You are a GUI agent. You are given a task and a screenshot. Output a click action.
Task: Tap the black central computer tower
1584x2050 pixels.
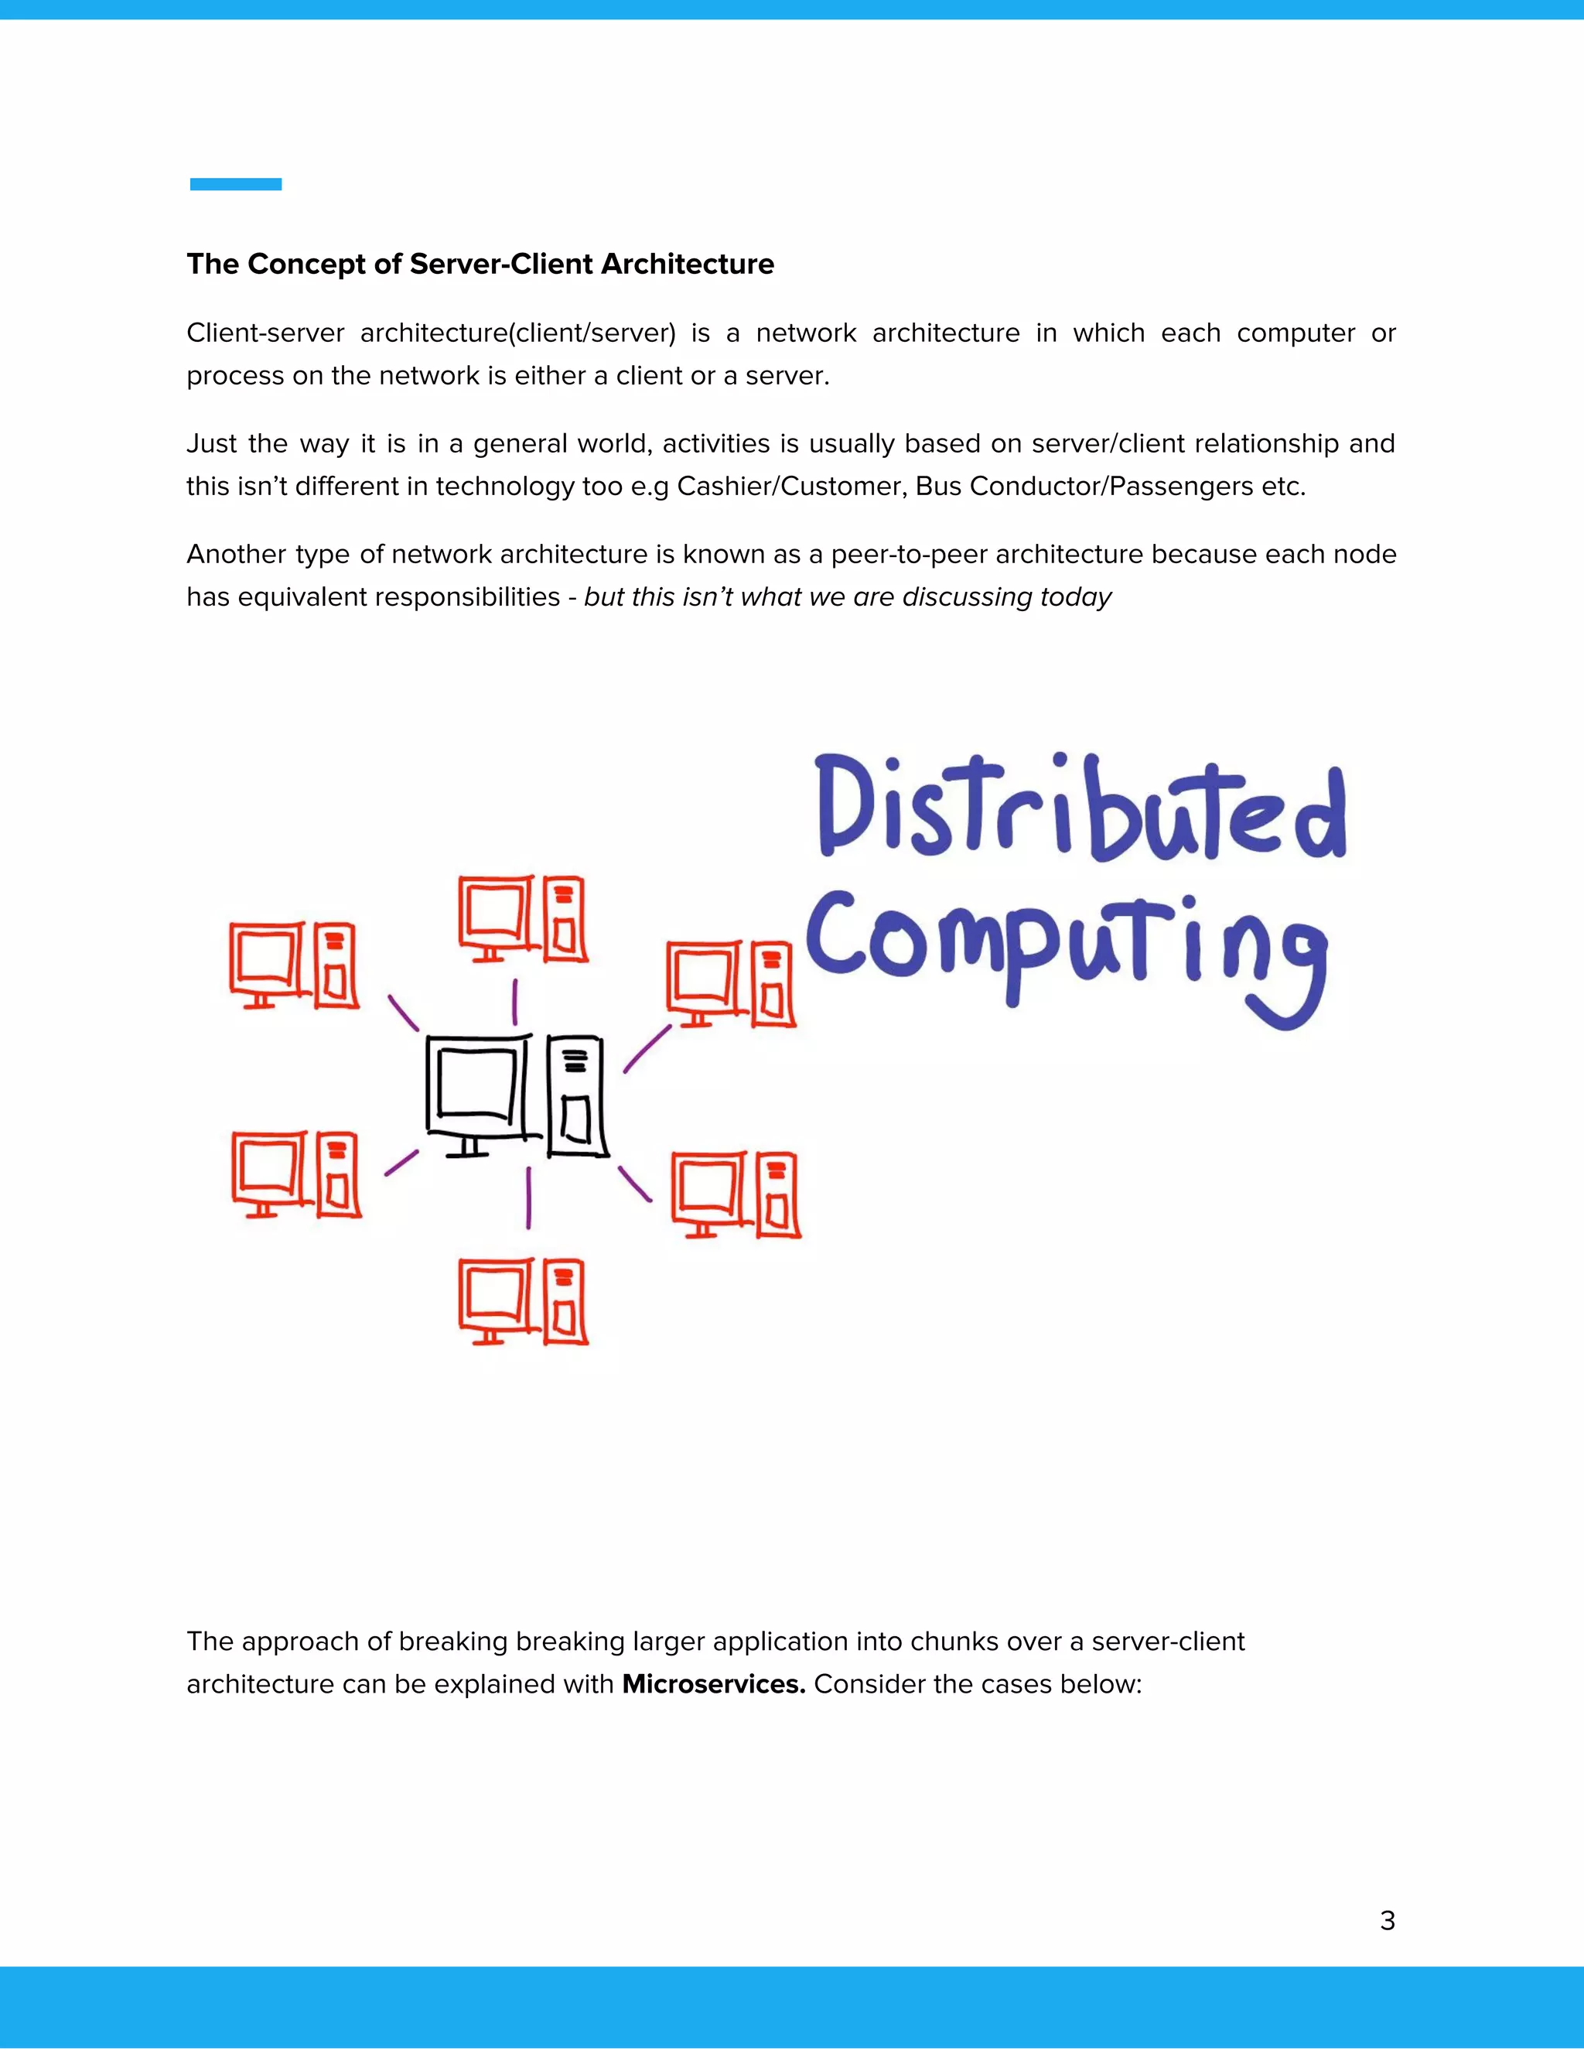[576, 1096]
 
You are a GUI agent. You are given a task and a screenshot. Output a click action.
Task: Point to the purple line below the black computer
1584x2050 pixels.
[528, 1197]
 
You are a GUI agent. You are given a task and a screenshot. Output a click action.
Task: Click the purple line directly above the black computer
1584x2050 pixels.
[514, 1002]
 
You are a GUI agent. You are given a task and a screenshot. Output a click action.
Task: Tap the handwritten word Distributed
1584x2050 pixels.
[1079, 809]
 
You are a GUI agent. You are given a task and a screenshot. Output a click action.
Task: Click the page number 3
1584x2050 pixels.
[1387, 1921]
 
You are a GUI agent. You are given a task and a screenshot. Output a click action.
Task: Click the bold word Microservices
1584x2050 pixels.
[713, 1684]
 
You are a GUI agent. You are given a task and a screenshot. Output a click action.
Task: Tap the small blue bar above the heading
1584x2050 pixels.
[236, 184]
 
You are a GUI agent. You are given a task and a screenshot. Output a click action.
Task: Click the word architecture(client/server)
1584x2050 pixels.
[518, 333]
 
